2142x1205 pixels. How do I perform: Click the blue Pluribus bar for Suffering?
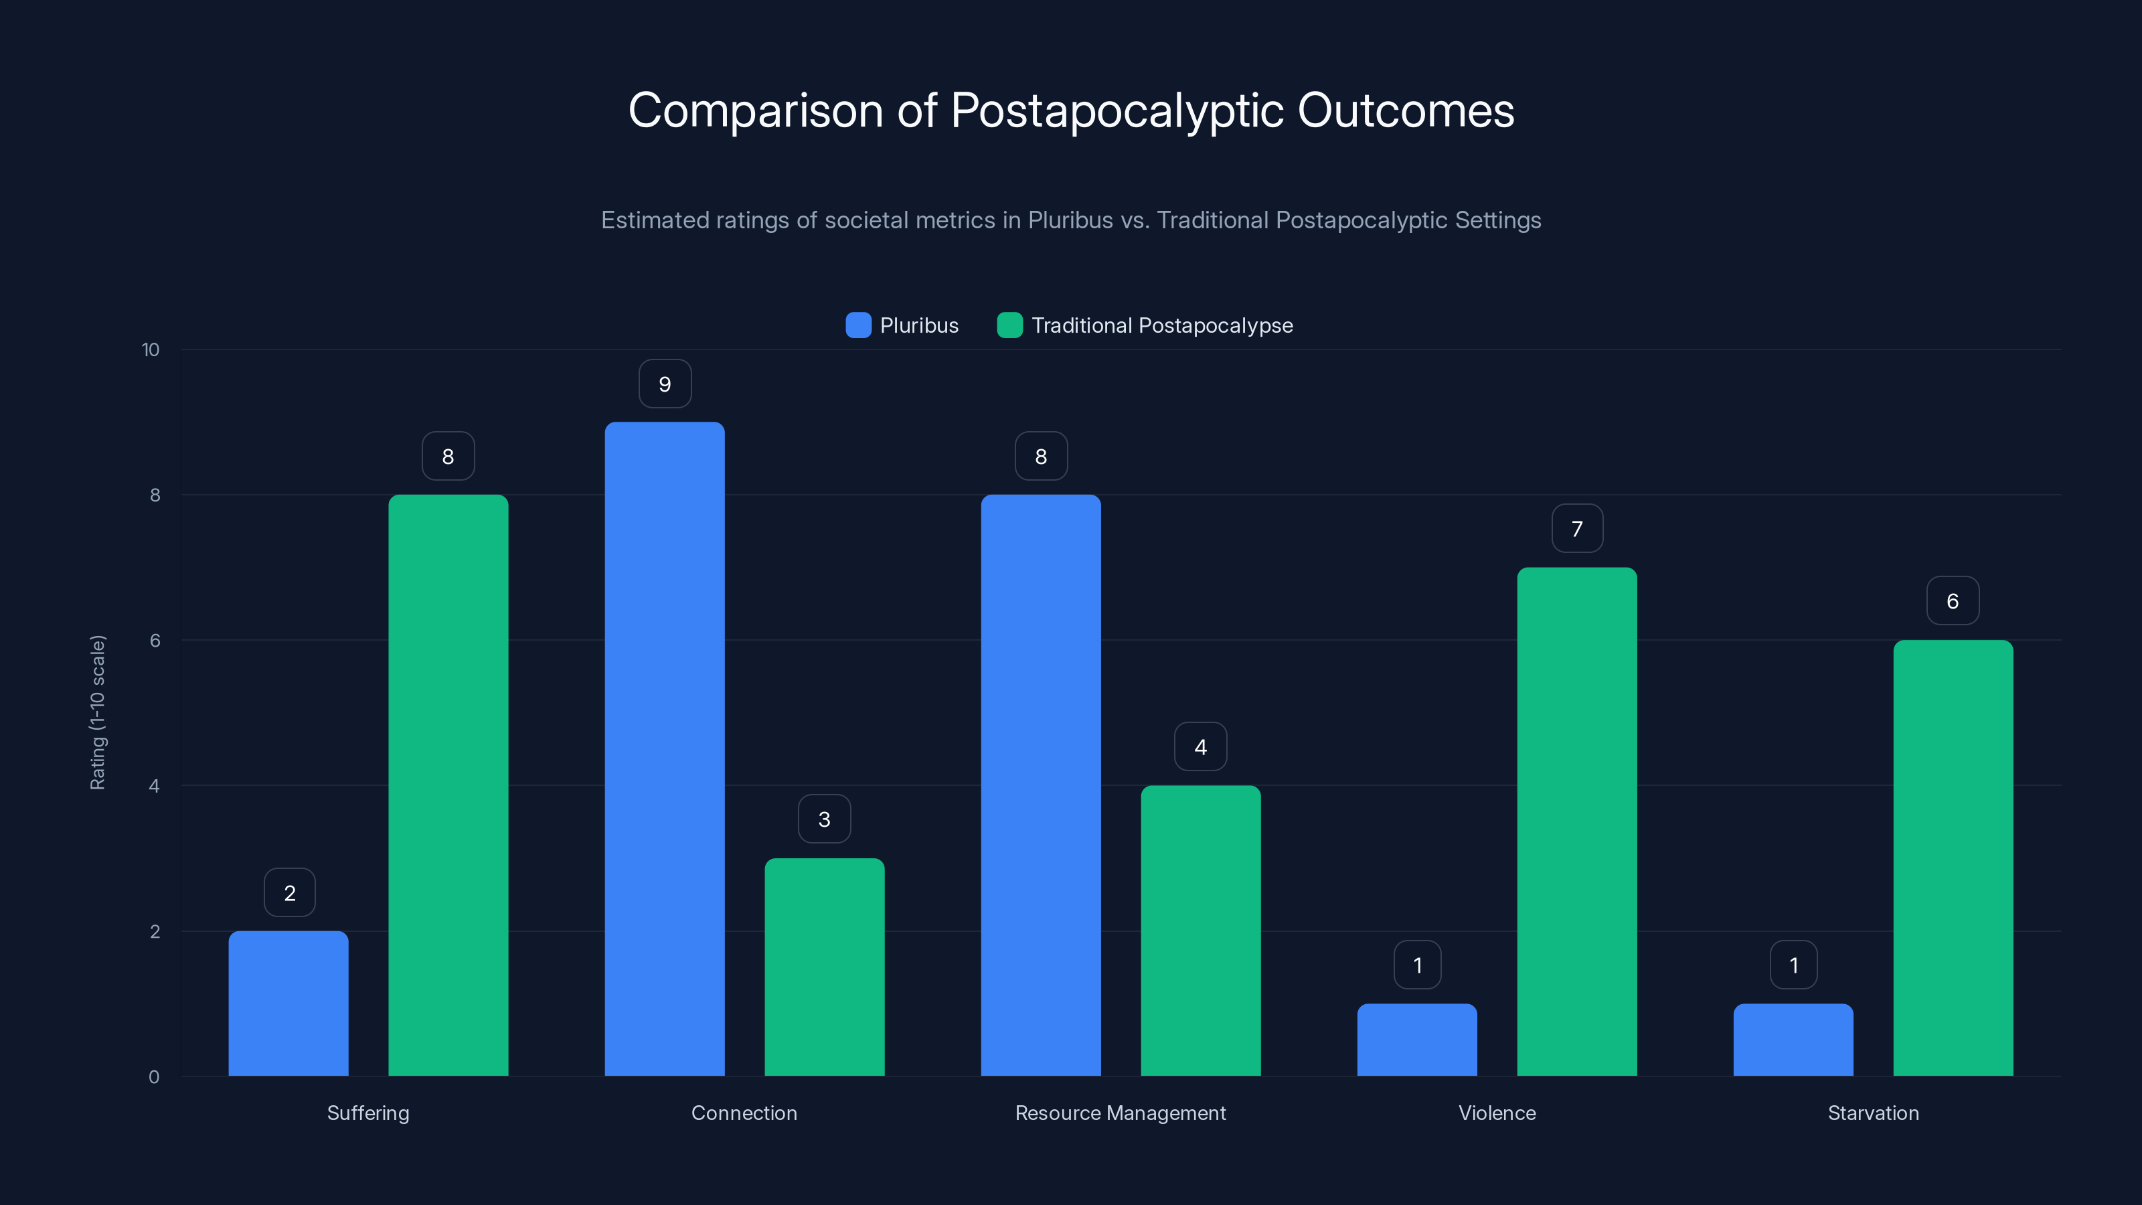click(289, 1003)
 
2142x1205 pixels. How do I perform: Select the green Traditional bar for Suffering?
click(448, 785)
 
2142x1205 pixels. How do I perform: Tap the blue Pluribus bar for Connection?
click(665, 748)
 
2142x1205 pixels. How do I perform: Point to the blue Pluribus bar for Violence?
click(1417, 1040)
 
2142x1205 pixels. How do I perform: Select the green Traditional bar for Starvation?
click(1953, 858)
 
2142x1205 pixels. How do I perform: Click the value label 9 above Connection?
click(665, 384)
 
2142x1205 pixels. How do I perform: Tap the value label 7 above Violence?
click(1576, 529)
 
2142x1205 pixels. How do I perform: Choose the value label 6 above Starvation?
click(1953, 601)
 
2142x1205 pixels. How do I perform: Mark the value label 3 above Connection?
click(824, 819)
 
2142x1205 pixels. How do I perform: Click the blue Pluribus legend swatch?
click(858, 325)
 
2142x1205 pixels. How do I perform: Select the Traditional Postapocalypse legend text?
click(1161, 325)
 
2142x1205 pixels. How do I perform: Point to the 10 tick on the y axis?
click(151, 349)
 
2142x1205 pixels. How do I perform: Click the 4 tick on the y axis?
click(154, 786)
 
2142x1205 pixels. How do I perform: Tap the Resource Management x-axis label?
click(1120, 1113)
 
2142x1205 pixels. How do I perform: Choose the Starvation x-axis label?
click(1873, 1113)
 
